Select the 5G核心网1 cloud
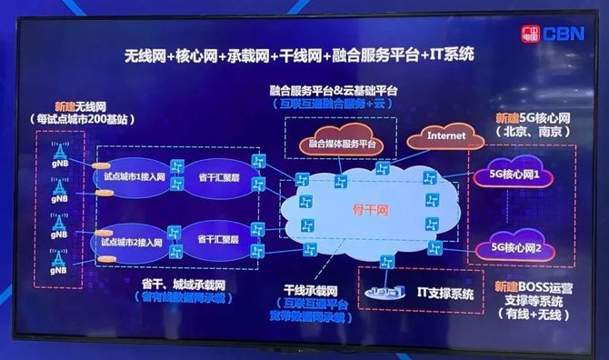pos(515,174)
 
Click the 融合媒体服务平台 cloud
pos(343,144)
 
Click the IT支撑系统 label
pos(445,294)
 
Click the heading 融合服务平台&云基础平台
pos(334,92)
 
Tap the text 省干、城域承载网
pos(183,285)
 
